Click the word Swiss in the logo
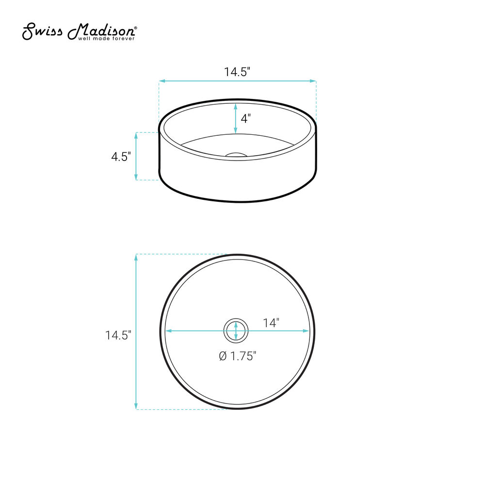[42, 31]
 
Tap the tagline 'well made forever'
[106, 39]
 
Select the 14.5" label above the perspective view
[237, 72]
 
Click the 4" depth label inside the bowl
[245, 118]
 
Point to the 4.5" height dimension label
[121, 157]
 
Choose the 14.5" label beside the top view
[118, 335]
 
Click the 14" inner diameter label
[271, 323]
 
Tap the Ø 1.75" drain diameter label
[238, 356]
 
